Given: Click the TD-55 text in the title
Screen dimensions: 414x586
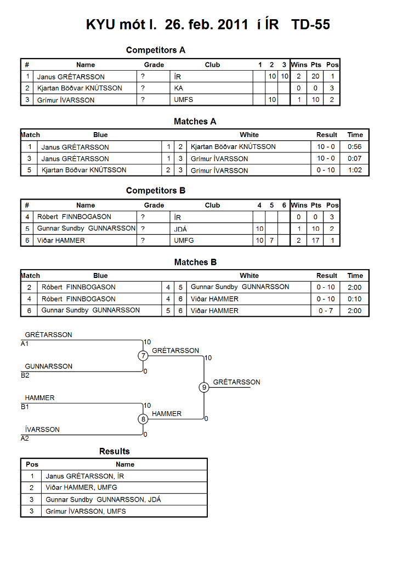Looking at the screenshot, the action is point(310,25).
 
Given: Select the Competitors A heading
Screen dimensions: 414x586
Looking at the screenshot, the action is point(156,50).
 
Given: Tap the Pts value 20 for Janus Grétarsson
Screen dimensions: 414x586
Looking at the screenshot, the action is point(315,76).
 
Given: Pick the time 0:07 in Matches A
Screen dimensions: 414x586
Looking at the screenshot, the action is point(355,158).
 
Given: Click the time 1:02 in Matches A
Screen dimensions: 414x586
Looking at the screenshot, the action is point(355,170).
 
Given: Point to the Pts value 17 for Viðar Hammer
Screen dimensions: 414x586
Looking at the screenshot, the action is point(315,240).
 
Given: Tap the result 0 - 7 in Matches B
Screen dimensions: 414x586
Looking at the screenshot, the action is point(325,311).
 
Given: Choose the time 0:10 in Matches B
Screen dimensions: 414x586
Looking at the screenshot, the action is point(355,299).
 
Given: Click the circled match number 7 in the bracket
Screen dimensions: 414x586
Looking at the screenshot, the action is point(143,356).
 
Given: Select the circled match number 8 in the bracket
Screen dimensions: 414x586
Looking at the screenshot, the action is point(143,419).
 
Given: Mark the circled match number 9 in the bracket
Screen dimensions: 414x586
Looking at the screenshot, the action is point(204,387).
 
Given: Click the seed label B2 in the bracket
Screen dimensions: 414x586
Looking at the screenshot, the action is point(25,375).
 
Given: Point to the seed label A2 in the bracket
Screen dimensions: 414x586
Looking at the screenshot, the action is point(25,439).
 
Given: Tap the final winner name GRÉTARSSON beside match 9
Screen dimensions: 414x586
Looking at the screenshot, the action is point(237,382).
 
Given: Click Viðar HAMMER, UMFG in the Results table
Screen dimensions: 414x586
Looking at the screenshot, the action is point(81,487).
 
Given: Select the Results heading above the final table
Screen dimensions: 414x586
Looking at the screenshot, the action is point(115,452).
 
